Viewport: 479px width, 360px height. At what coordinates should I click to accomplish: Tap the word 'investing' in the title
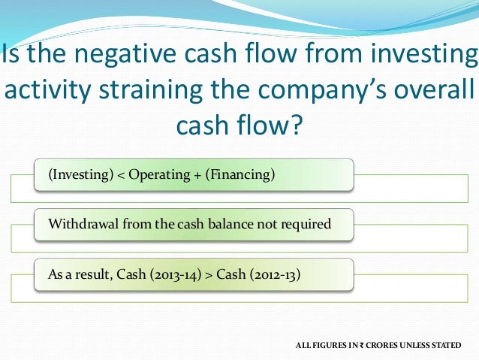click(423, 55)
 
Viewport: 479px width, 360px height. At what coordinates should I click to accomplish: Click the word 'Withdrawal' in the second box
click(81, 225)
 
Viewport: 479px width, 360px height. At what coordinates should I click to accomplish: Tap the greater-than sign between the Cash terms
click(209, 274)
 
